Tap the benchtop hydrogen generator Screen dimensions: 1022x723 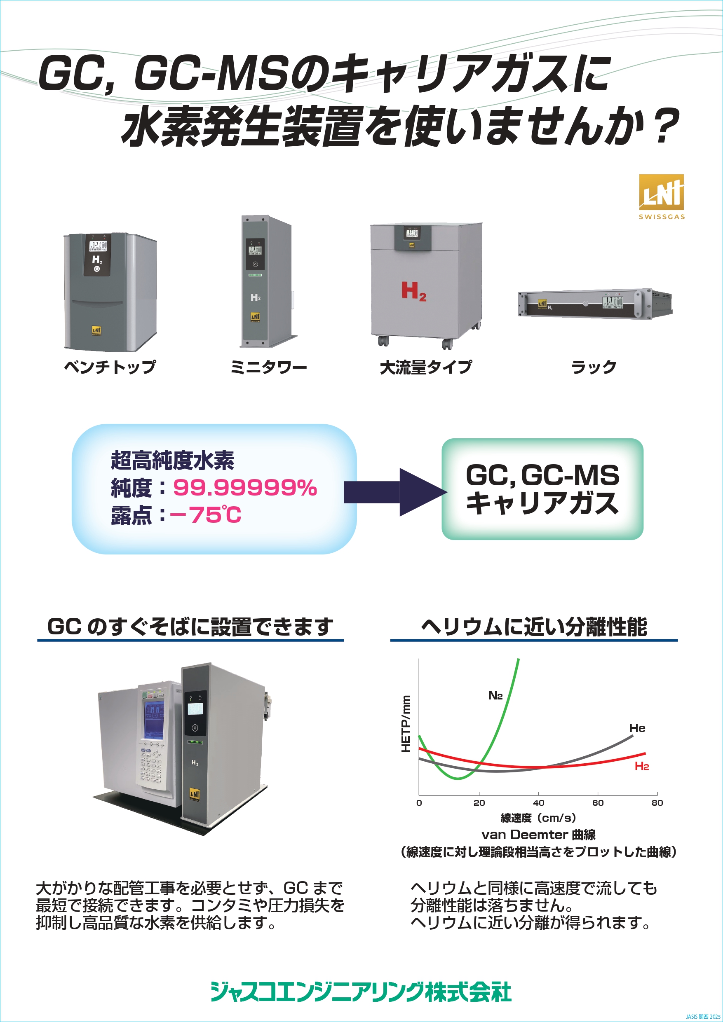click(110, 292)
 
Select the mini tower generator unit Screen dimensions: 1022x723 click(266, 281)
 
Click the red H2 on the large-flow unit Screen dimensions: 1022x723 click(414, 292)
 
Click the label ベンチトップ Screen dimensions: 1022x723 click(110, 367)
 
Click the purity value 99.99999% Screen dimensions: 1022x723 click(244, 487)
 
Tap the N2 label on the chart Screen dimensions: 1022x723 click(495, 696)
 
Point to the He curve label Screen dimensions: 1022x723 click(637, 728)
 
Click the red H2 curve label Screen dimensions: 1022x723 click(641, 766)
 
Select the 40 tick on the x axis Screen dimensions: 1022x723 click(539, 803)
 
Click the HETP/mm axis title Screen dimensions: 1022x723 click(405, 724)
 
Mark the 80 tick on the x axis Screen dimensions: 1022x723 click(657, 803)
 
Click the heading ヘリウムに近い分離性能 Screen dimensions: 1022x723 click(534, 627)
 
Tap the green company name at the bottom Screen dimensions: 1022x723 click(361, 992)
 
